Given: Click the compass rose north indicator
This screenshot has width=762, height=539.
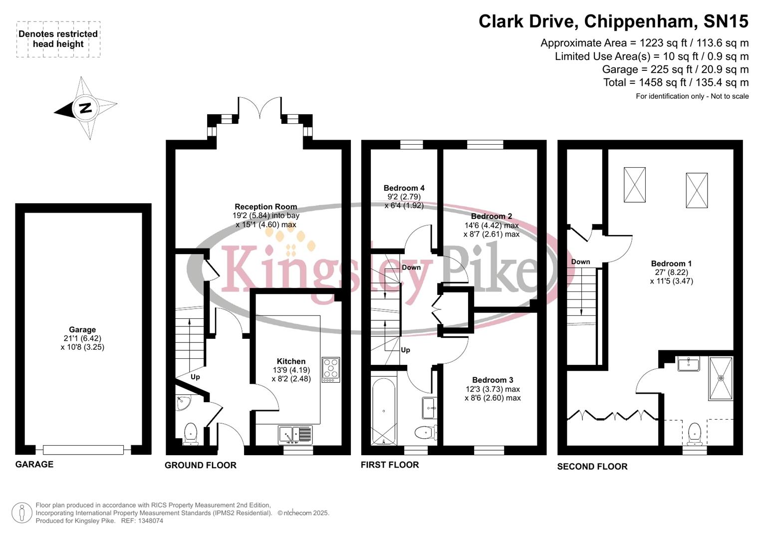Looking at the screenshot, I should (85, 108).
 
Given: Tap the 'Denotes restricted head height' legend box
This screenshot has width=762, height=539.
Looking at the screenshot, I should (58, 39).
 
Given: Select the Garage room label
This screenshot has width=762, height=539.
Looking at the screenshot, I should (82, 329).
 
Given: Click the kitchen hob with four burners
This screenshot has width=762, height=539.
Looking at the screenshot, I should (330, 370).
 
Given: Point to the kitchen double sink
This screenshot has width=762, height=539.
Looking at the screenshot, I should (295, 435).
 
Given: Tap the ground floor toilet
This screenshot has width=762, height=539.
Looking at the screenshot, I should (191, 433).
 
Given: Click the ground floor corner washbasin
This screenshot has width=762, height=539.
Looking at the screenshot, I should (183, 402).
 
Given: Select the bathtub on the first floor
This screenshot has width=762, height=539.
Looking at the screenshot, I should (384, 411).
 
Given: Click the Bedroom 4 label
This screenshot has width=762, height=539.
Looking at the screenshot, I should (404, 188).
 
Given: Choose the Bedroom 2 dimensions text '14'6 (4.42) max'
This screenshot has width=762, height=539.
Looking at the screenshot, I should (491, 225).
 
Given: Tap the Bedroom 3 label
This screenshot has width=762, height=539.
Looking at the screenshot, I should (492, 380).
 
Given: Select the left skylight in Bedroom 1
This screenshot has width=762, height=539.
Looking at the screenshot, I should (634, 185).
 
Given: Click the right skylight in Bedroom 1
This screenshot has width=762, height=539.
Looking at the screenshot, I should (696, 190).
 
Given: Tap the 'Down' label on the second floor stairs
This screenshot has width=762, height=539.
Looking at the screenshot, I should (580, 262).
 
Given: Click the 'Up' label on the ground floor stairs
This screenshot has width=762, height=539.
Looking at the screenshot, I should (195, 377).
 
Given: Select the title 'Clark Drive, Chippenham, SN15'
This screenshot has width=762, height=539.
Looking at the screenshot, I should (613, 21).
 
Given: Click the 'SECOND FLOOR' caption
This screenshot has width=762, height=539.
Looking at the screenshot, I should (592, 467).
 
